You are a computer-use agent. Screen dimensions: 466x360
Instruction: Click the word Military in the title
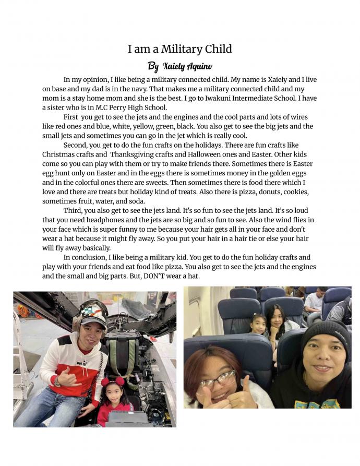pos(179,49)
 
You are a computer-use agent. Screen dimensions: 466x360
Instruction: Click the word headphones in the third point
pos(105,220)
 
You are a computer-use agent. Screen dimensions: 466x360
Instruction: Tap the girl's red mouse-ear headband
pos(113,380)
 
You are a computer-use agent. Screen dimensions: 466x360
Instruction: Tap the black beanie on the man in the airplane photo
pos(326,333)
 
